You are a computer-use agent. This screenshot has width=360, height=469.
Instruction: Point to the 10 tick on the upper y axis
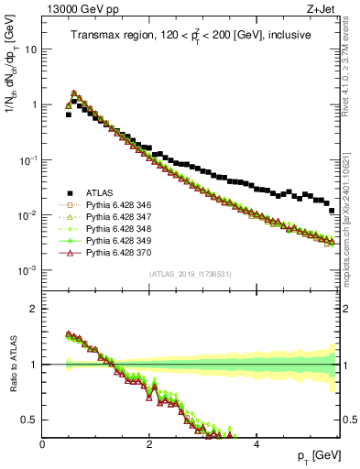coord(31,49)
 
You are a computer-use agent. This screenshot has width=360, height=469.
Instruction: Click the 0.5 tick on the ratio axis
coord(32,420)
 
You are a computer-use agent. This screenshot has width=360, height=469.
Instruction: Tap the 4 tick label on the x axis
coord(256,443)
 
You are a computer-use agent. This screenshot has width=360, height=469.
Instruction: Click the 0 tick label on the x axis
coord(43,443)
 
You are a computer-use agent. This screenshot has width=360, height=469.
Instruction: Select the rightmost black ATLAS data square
coord(332,211)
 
